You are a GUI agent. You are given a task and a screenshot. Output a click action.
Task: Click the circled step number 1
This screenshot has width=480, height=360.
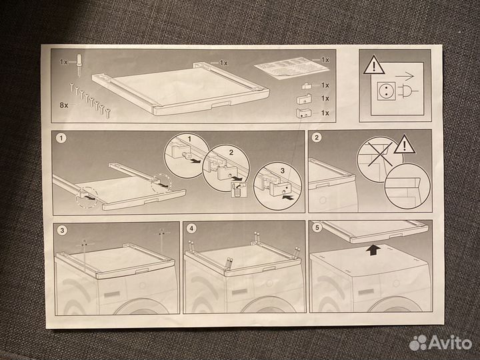61,138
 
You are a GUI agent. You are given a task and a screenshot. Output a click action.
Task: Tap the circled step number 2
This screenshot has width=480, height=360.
317,137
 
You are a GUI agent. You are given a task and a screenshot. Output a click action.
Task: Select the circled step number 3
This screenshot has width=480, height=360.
62,230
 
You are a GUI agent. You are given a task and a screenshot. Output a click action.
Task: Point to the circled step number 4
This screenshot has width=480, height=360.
191,229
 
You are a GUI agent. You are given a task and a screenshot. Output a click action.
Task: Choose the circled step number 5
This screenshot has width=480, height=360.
317,227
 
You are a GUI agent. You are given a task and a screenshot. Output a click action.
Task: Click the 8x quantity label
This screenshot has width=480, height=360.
64,105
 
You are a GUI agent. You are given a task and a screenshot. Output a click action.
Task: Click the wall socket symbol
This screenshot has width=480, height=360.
386,91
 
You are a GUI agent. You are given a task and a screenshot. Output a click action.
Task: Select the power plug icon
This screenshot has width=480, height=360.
408,91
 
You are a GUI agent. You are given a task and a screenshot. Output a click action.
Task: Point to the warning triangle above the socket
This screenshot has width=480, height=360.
374,65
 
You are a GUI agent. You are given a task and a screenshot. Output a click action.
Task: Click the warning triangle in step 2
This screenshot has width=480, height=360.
405,145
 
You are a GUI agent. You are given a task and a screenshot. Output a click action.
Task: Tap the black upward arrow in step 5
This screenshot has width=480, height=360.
373,249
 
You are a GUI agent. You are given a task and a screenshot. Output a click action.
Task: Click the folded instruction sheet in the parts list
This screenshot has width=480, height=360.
291,68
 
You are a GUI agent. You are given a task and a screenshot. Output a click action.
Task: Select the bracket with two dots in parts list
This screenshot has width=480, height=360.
304,113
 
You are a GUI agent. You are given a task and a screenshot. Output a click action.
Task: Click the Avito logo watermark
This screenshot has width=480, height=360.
441,342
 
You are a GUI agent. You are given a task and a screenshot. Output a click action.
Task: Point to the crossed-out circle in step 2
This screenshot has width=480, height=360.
379,159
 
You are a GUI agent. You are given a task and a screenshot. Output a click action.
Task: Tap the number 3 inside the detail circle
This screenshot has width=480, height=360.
283,171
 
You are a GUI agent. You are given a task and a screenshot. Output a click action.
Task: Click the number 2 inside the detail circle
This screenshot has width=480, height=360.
231,152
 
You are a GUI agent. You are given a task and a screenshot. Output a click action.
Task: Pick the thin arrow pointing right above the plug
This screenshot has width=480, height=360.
405,76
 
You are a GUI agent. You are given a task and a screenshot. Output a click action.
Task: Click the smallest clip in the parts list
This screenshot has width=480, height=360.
307,86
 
